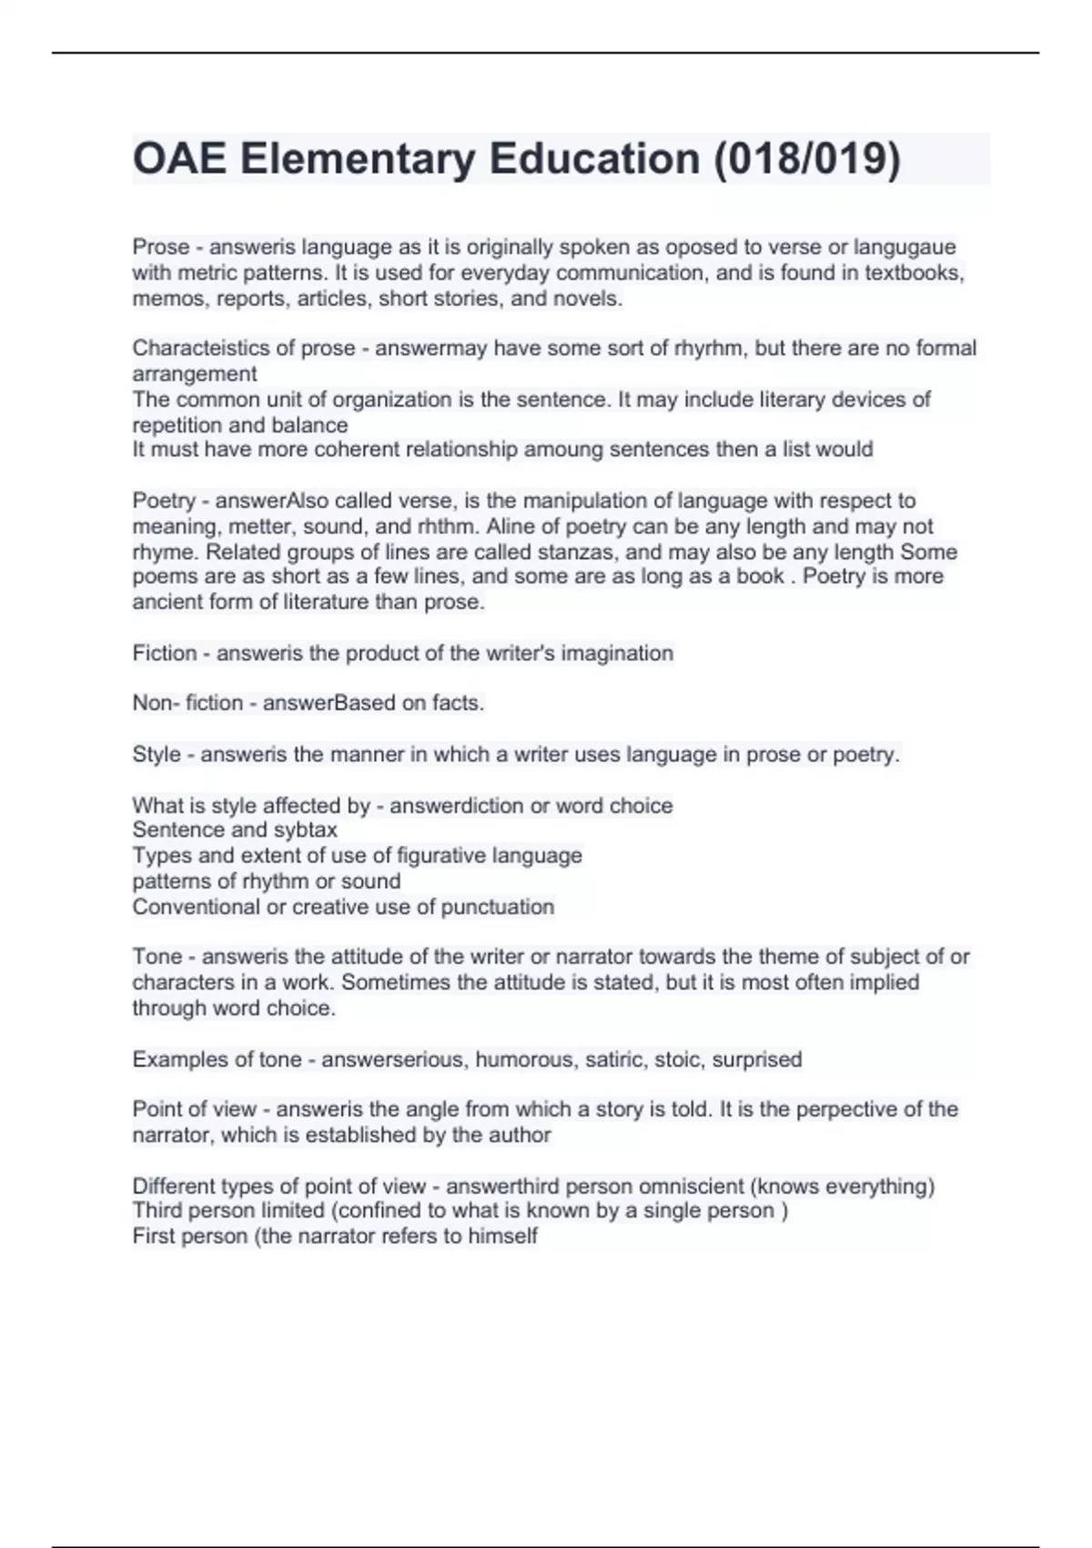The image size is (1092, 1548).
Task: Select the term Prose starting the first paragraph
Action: click(x=160, y=247)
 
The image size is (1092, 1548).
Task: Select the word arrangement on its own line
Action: click(x=195, y=373)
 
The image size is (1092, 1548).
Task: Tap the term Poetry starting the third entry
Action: click(x=164, y=500)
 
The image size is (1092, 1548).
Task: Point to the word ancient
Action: click(x=165, y=602)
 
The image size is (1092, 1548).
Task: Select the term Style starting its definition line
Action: click(x=157, y=754)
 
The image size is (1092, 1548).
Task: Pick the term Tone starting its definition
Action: click(x=157, y=956)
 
